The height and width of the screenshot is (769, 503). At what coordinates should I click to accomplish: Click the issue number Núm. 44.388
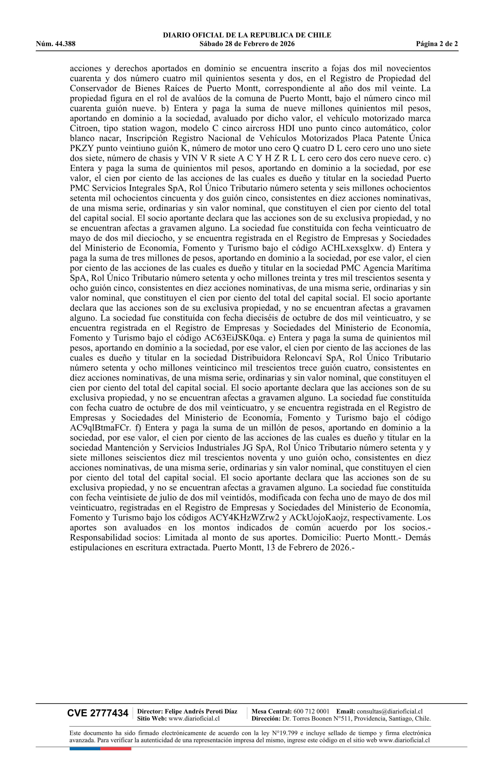(x=56, y=44)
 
